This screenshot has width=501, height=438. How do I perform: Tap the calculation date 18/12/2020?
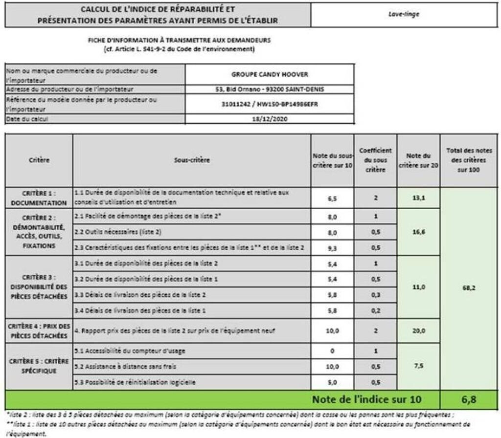(x=270, y=118)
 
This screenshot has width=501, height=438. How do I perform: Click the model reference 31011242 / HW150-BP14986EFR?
(x=270, y=104)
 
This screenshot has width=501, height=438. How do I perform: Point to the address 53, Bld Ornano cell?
(x=270, y=89)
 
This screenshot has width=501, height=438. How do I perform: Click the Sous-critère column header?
(x=191, y=160)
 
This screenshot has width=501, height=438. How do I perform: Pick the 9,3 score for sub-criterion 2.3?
(x=332, y=248)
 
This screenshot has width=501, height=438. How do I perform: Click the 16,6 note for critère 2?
(x=418, y=232)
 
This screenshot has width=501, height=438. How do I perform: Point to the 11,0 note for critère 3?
(x=418, y=287)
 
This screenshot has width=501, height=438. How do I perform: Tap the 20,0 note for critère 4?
(x=418, y=331)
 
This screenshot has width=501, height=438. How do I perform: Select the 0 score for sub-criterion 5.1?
(x=332, y=351)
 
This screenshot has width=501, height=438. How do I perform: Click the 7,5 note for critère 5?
(x=418, y=366)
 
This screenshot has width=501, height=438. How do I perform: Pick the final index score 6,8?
(x=469, y=399)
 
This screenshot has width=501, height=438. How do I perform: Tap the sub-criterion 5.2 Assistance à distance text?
(x=125, y=366)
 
